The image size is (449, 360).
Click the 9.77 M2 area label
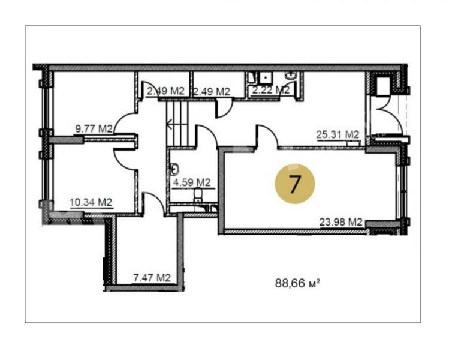tap(94, 129)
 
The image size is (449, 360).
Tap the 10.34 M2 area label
tap(91, 202)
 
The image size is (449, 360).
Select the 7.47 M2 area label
tap(152, 277)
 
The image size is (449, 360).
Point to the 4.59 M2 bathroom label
tap(192, 182)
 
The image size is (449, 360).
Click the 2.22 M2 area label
tap(271, 90)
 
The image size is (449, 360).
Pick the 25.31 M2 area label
tap(337, 134)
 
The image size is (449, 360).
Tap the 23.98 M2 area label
tap(340, 222)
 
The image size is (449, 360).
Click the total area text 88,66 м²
tap(297, 283)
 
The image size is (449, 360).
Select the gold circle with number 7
tap(295, 184)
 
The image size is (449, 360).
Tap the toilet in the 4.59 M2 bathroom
tap(198, 194)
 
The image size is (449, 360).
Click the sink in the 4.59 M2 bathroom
tap(174, 169)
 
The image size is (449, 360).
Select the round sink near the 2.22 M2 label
tap(291, 76)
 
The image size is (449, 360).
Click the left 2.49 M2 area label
tap(165, 91)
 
